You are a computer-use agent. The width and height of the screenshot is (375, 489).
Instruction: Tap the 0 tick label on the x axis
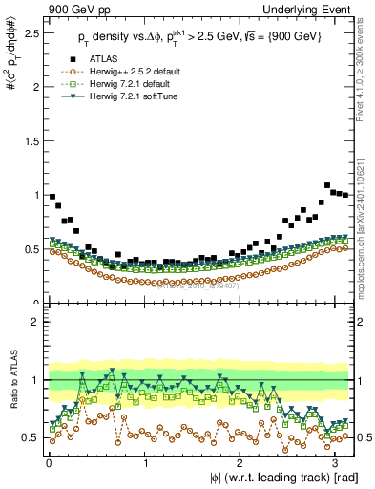tap(49, 463)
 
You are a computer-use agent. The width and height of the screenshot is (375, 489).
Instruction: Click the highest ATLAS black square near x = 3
tap(328, 185)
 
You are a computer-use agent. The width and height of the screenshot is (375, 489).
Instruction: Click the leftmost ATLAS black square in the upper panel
tap(52, 197)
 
